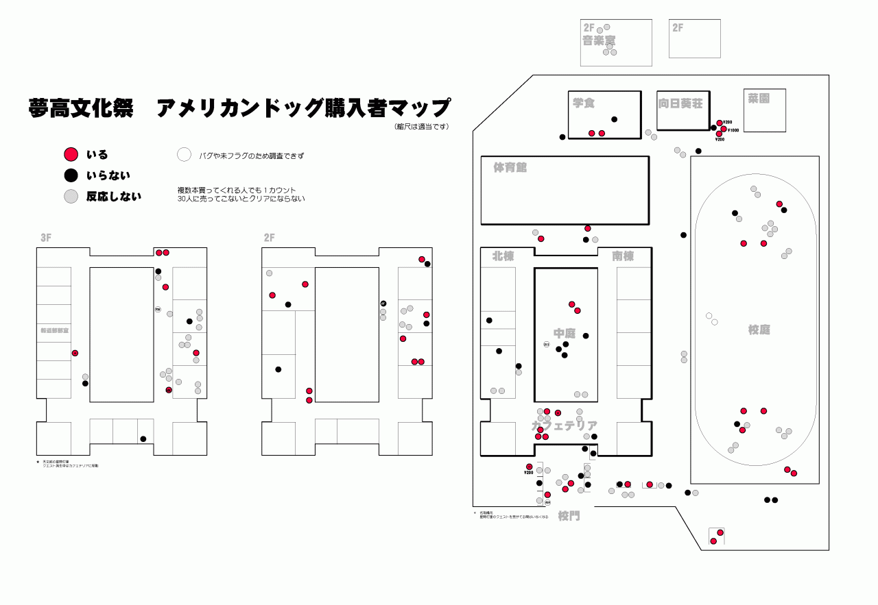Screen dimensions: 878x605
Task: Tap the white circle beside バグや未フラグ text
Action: click(184, 155)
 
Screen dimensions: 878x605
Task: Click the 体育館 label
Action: click(510, 168)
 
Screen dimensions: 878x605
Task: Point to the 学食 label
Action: click(584, 103)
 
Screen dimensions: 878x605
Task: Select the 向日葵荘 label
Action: click(680, 104)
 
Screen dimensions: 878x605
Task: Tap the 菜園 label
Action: click(759, 99)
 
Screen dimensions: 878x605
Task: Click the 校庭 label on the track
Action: click(759, 330)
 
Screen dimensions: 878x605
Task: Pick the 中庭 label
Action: click(565, 333)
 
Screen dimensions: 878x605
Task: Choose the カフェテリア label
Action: click(565, 425)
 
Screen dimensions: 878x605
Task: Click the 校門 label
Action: click(569, 516)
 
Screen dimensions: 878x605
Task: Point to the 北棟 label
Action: click(503, 256)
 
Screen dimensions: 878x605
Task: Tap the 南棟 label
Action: click(623, 256)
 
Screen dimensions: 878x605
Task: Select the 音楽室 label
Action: click(599, 41)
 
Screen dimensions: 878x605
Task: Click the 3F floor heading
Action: click(46, 238)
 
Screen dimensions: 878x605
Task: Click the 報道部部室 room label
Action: click(54, 330)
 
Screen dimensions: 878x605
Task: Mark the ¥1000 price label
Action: click(733, 130)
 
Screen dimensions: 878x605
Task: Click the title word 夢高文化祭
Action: click(81, 108)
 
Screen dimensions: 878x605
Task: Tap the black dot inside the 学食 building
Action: click(615, 119)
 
